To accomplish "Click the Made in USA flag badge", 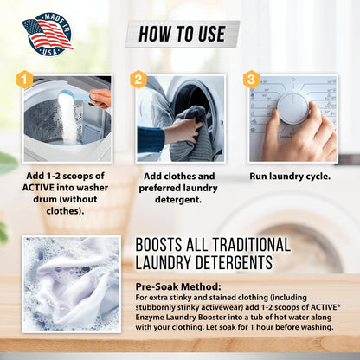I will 47,33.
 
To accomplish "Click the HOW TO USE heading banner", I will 182,35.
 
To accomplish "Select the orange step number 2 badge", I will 138,80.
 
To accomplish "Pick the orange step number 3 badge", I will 251,80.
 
